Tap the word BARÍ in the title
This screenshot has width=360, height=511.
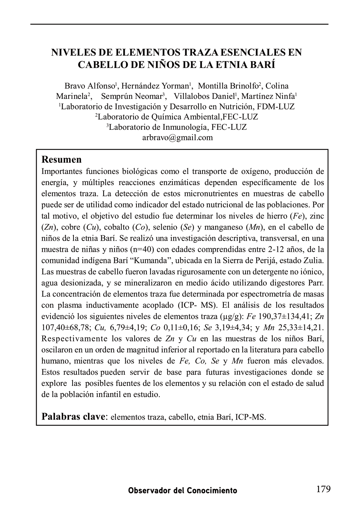(x=262, y=65)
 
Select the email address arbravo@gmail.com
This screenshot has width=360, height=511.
(x=178, y=137)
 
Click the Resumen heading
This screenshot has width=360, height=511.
(x=62, y=160)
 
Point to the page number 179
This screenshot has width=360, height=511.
(x=323, y=489)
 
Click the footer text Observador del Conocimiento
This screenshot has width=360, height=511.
(x=183, y=491)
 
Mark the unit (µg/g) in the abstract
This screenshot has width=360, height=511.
(x=232, y=316)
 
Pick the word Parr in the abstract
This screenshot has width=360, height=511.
(x=316, y=283)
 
